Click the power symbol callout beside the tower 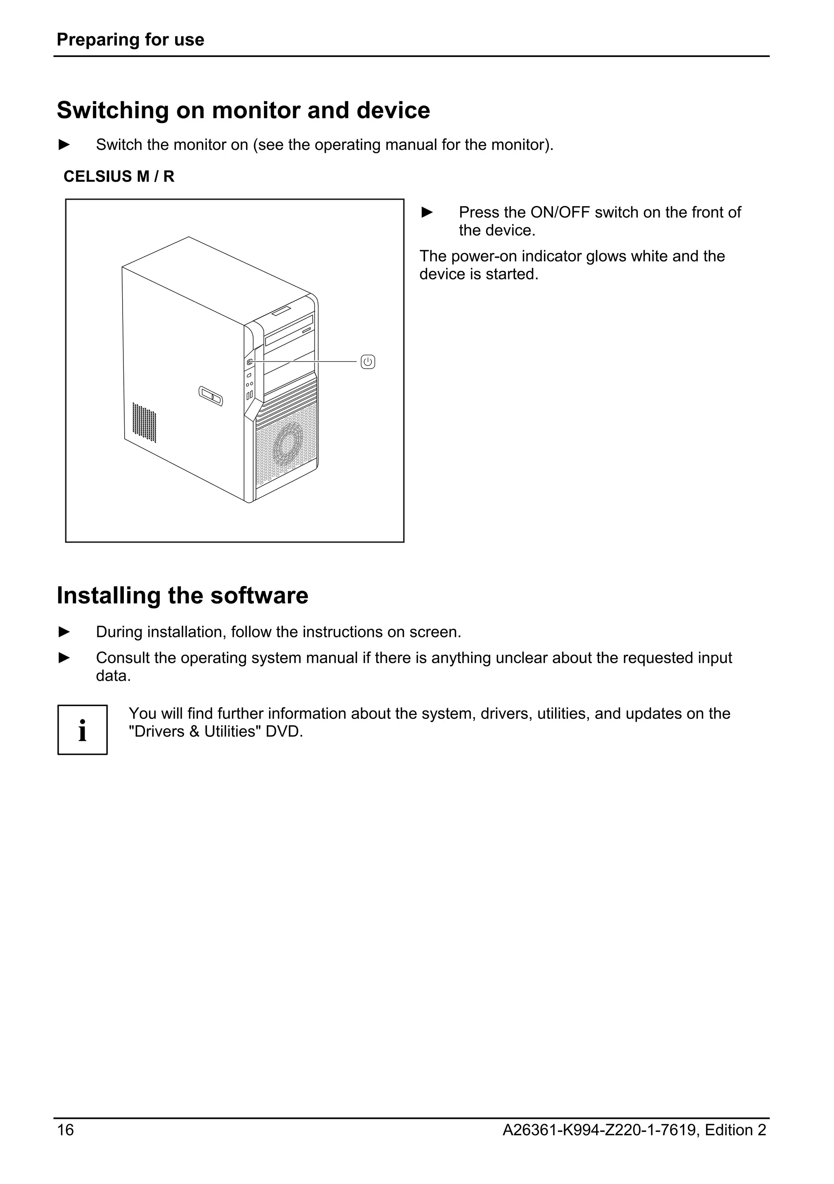[x=367, y=362]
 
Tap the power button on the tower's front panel [x=250, y=362]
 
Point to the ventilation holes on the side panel [x=144, y=422]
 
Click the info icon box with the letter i [x=83, y=730]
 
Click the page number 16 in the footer [x=66, y=1130]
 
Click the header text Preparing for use [x=130, y=40]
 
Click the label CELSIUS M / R [x=119, y=176]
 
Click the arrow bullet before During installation [x=64, y=631]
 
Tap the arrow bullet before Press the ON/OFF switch [x=427, y=212]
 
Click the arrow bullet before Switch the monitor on [x=64, y=145]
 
